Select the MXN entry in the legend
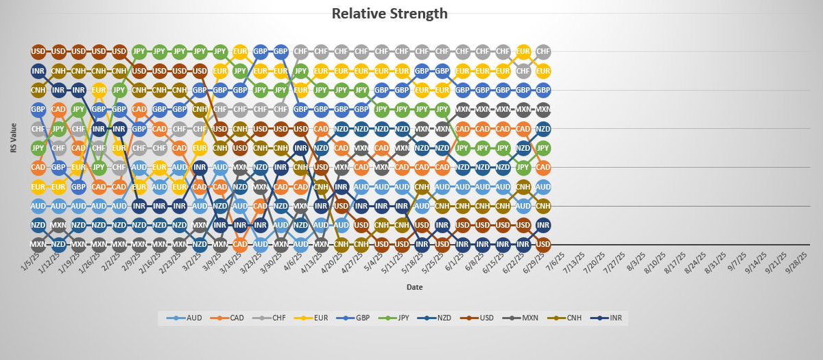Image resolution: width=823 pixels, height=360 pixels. [532, 318]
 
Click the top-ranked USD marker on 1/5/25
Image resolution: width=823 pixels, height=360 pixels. [38, 51]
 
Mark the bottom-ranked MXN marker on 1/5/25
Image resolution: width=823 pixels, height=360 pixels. [38, 244]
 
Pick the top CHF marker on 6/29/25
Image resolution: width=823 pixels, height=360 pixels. [543, 51]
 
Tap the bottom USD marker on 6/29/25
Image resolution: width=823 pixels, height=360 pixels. [543, 244]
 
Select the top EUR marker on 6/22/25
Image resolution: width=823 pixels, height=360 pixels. [523, 51]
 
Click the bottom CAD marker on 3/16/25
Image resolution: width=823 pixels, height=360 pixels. [240, 244]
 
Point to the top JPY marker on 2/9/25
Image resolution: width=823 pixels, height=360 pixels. [139, 51]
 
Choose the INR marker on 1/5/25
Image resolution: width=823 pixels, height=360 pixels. [38, 71]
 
